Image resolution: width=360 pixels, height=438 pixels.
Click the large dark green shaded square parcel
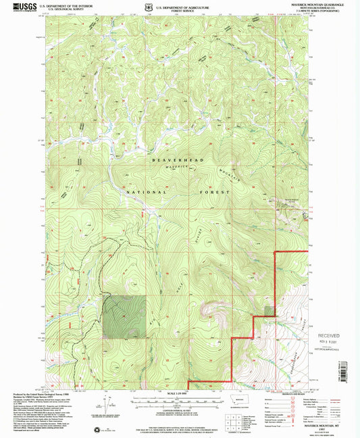click(x=124, y=317)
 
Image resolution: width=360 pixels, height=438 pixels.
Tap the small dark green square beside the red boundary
click(x=269, y=311)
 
